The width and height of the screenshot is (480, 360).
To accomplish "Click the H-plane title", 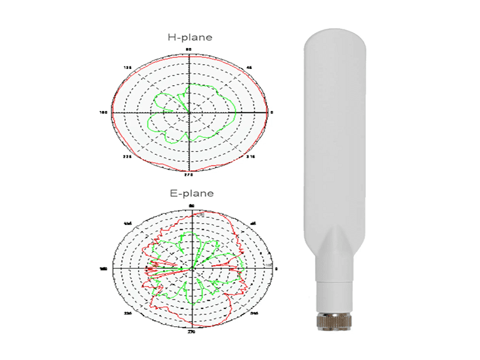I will coord(190,37).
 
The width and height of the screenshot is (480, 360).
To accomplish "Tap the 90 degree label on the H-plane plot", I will coord(189,49).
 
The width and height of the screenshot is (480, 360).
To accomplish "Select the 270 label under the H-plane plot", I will coord(189,175).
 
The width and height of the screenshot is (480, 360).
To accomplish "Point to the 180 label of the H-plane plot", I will coord(103,112).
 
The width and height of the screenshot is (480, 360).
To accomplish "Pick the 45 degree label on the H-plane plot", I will coord(250,68).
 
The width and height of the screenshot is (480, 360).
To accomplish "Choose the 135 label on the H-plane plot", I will coord(128,68).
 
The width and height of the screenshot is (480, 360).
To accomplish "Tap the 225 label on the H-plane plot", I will coord(128,157).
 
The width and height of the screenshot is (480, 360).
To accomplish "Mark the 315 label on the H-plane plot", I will coord(252,157).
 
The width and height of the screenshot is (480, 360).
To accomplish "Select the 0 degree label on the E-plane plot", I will coord(276,268).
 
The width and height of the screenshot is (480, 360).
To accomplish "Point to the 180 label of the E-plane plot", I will coord(103,269).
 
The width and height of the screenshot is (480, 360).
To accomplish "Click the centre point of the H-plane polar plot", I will coord(190,112).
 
